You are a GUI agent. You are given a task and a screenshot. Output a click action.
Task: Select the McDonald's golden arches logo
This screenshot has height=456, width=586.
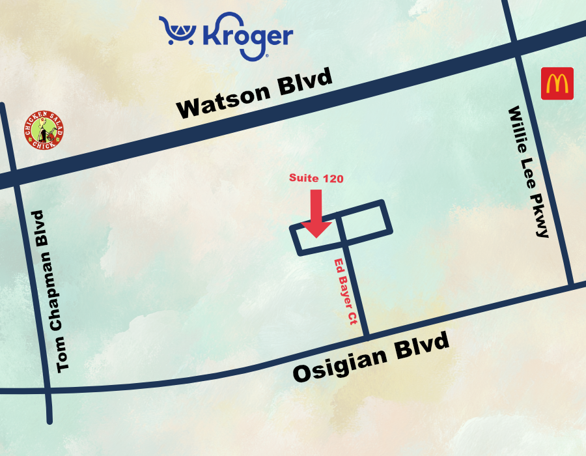557,83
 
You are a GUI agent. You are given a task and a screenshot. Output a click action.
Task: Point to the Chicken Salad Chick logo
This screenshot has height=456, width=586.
44,129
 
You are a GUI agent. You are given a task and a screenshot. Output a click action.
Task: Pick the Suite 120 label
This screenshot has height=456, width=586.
316,178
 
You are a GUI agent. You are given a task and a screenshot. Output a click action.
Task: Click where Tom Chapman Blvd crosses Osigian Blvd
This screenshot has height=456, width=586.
48,391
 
